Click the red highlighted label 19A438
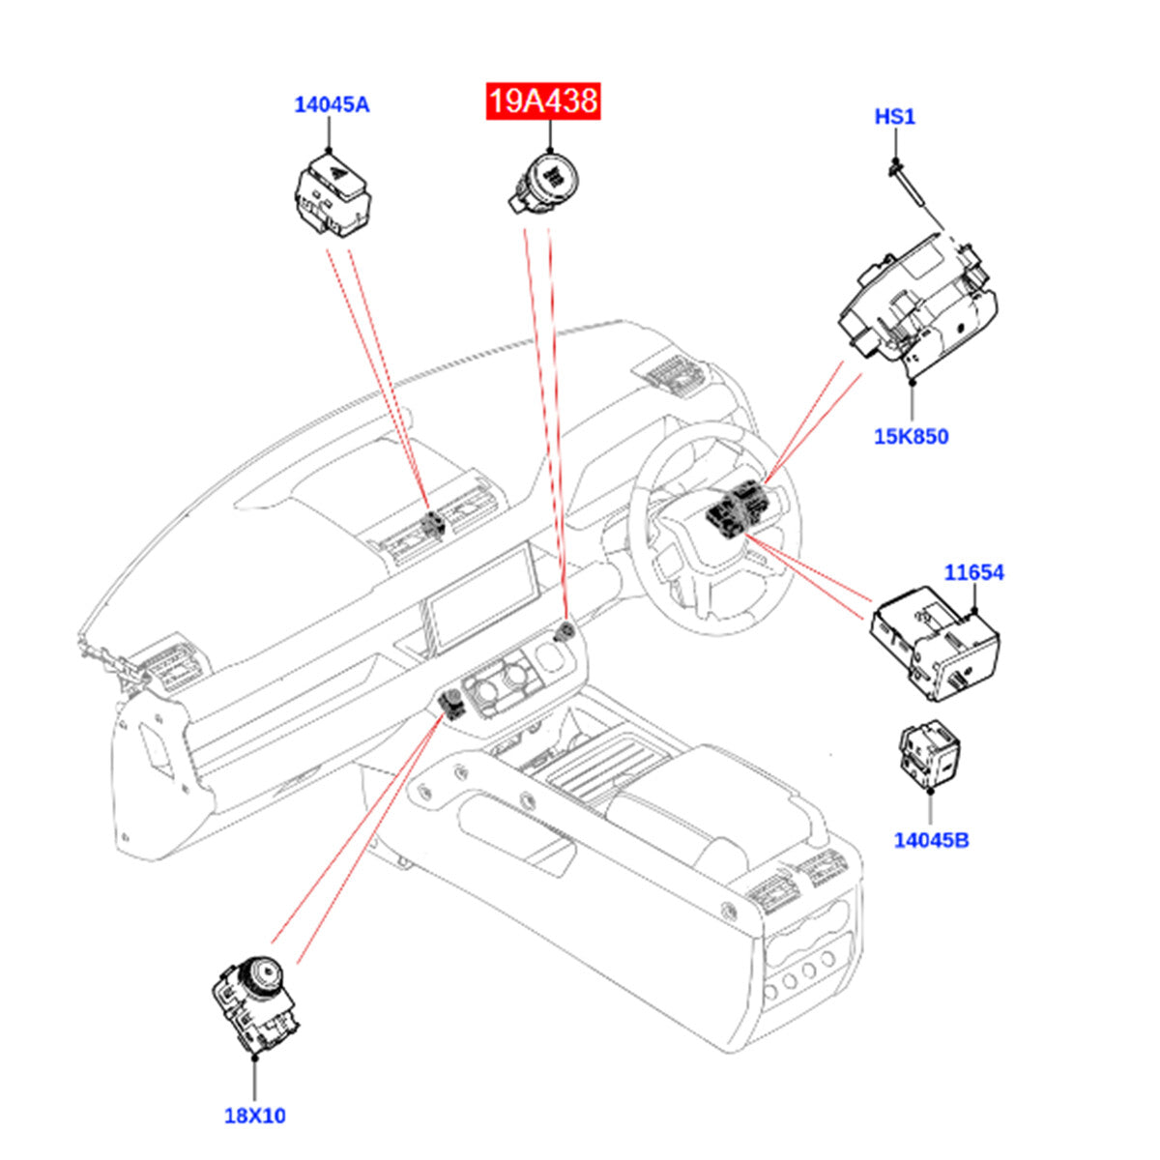pyautogui.click(x=543, y=101)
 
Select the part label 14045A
pyautogui.click(x=332, y=104)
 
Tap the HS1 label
pyautogui.click(x=894, y=117)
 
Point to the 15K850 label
pyautogui.click(x=911, y=436)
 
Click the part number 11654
pyautogui.click(x=973, y=572)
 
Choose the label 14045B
pyautogui.click(x=931, y=839)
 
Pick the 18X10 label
pyautogui.click(x=255, y=1116)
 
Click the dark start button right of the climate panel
pyautogui.click(x=565, y=633)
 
